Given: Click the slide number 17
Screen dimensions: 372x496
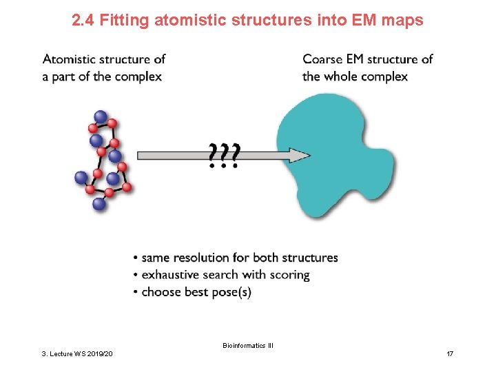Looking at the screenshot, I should click(x=450, y=353).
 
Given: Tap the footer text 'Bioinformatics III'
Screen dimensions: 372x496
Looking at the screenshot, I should click(x=248, y=345).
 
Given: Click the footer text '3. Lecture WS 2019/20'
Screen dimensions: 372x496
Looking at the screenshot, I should click(x=76, y=353).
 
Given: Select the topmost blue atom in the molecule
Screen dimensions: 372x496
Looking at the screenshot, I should click(x=101, y=117).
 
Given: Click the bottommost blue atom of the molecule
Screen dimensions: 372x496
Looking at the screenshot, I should click(x=99, y=203).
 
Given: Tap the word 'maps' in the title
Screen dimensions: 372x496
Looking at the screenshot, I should click(x=404, y=21).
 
